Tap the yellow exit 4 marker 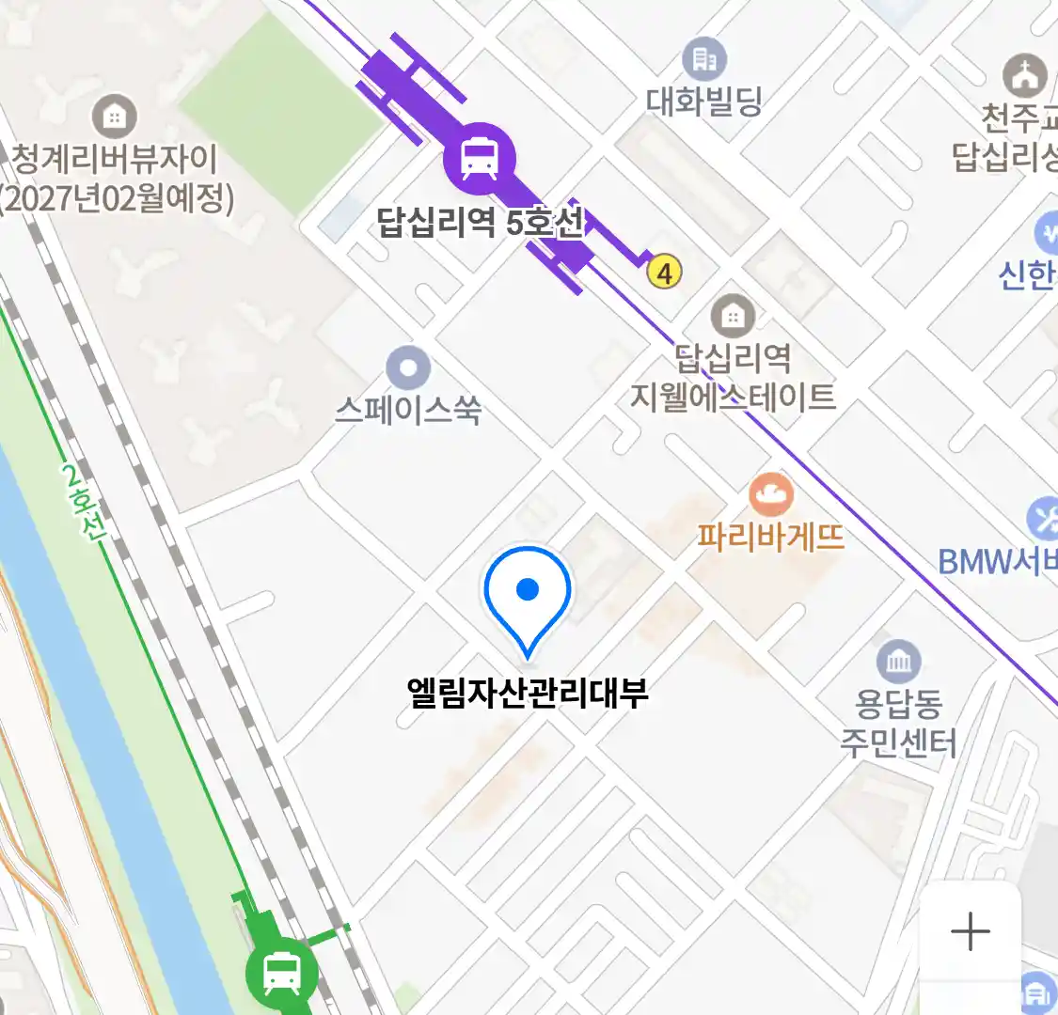click(x=665, y=273)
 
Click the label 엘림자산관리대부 click(x=528, y=694)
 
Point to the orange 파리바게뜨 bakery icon click(x=771, y=494)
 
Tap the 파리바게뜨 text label click(x=771, y=537)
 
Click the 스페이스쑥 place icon click(x=408, y=368)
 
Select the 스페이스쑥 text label click(x=408, y=410)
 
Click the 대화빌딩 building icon click(x=704, y=59)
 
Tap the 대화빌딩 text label click(x=704, y=101)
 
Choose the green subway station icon click(x=281, y=972)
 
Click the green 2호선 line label click(x=85, y=504)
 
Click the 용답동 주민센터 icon click(x=899, y=662)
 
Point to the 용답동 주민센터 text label click(x=899, y=723)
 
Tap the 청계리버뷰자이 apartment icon click(x=115, y=117)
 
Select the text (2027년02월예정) click(x=117, y=198)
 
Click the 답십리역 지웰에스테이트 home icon click(x=733, y=317)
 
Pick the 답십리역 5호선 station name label click(x=480, y=223)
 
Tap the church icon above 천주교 click(x=1024, y=74)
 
